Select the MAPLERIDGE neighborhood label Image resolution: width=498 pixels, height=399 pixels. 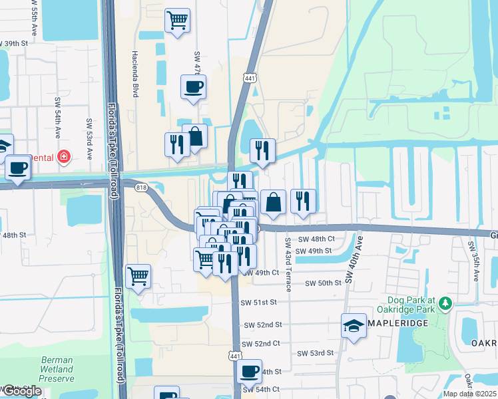397,327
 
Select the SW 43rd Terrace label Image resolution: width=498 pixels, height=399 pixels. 288,265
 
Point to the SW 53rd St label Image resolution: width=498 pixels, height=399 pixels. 315,353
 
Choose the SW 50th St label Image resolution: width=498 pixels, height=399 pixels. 323,283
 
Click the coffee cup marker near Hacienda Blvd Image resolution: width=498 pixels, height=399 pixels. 193,87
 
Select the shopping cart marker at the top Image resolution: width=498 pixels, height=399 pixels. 177,21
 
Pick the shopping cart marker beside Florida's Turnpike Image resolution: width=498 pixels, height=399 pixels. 138,276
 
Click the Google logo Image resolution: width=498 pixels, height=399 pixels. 21,391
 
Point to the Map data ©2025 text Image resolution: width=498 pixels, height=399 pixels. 469,394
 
